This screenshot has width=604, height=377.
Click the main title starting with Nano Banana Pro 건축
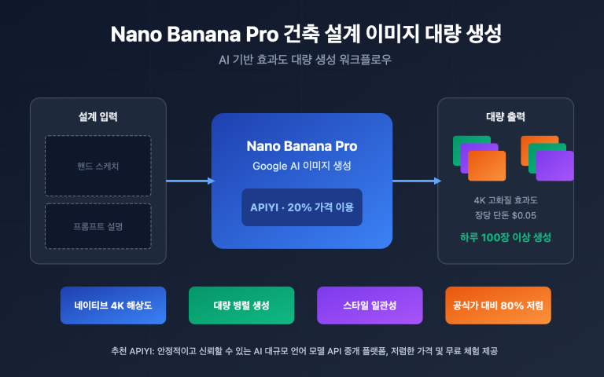click(x=302, y=35)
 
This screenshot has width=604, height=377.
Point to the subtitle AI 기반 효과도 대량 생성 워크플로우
click(x=302, y=60)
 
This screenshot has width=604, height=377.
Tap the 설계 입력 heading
click(x=98, y=117)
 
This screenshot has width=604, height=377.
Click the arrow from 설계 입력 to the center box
click(x=189, y=181)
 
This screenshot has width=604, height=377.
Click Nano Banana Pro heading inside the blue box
click(x=302, y=146)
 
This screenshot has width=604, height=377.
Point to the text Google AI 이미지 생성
click(x=302, y=166)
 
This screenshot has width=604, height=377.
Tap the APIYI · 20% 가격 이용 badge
click(x=302, y=207)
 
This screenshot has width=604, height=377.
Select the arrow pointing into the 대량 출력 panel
click(x=416, y=181)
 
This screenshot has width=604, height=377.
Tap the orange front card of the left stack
click(x=487, y=166)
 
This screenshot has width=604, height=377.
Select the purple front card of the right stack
click(x=554, y=166)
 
